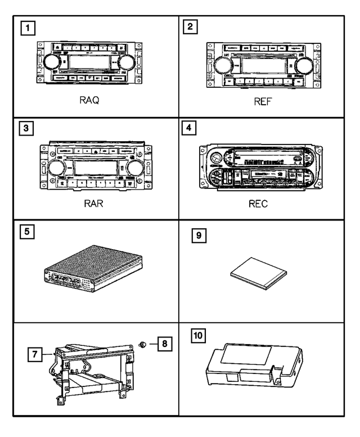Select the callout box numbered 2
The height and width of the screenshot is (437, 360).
click(192, 27)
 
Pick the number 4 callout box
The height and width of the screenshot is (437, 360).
click(192, 129)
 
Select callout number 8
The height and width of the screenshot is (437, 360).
click(165, 343)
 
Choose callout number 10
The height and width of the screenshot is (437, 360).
click(198, 336)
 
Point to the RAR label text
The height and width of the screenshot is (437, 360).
click(93, 204)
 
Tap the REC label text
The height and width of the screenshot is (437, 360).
click(258, 204)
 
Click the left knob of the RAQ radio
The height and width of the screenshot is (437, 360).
click(48, 61)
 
